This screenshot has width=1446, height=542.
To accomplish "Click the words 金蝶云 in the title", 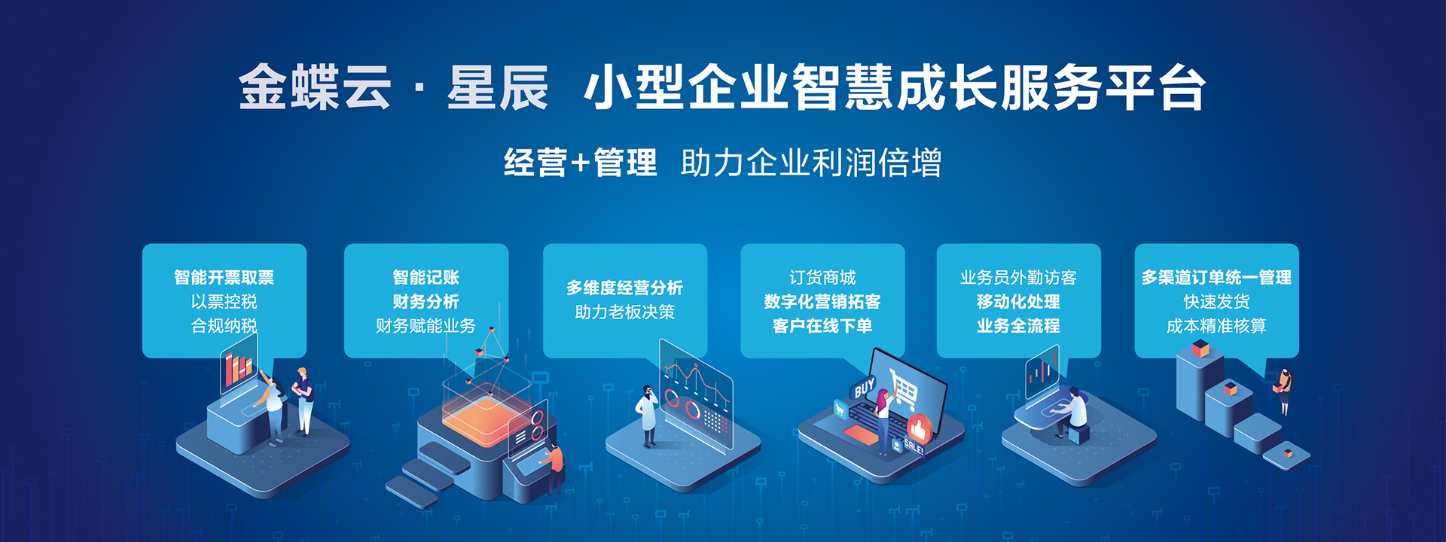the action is pyautogui.click(x=315, y=87).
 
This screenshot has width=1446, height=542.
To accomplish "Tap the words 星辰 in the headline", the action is pyautogui.click(x=498, y=87).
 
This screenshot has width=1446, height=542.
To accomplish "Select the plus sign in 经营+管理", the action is pyautogui.click(x=580, y=163).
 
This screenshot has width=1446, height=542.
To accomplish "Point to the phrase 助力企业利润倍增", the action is pyautogui.click(x=811, y=163).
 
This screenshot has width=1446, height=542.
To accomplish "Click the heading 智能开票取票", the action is pyautogui.click(x=224, y=278).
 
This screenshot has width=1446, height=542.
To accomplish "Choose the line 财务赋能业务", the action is pyautogui.click(x=426, y=326).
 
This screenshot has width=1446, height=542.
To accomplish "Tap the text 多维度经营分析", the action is pyautogui.click(x=624, y=288).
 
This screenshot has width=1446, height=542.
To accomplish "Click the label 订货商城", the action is pyautogui.click(x=822, y=278).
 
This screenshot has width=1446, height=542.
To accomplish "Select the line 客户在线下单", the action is pyautogui.click(x=822, y=326).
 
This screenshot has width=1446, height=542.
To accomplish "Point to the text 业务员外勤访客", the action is pyautogui.click(x=1018, y=278).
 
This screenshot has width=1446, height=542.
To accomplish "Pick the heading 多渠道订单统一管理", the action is pyautogui.click(x=1216, y=278).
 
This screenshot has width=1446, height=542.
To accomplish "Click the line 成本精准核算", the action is pyautogui.click(x=1216, y=326).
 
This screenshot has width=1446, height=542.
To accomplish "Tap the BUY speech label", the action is pyautogui.click(x=864, y=388).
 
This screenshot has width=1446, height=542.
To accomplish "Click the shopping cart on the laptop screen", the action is pyautogui.click(x=904, y=388).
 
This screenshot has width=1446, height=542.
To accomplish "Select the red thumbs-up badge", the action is pyautogui.click(x=919, y=429).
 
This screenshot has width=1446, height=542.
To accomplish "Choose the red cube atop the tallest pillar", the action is pyautogui.click(x=1200, y=349).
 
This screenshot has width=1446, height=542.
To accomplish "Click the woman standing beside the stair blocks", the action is pyautogui.click(x=1283, y=391).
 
